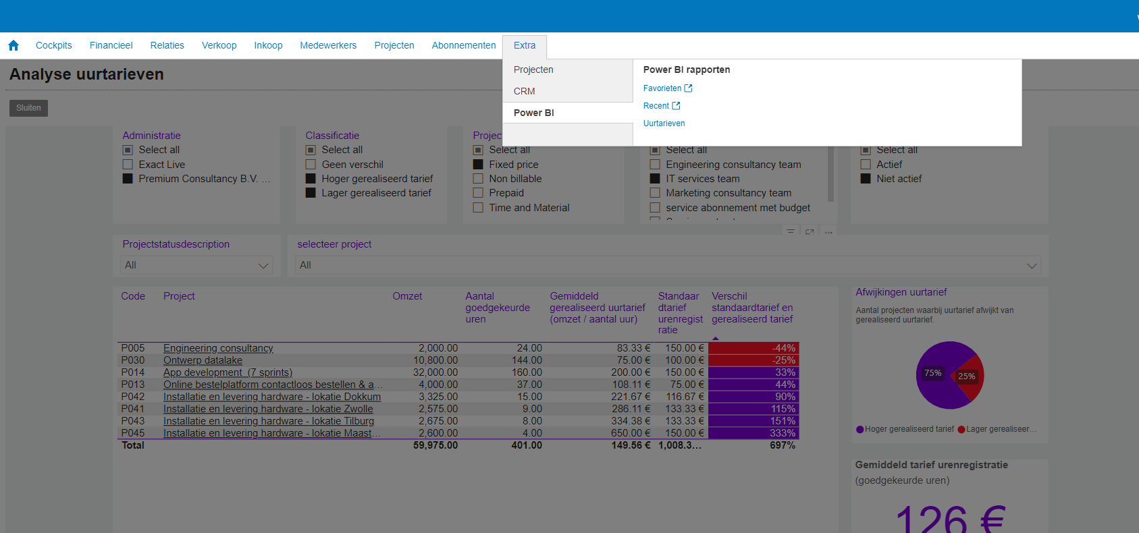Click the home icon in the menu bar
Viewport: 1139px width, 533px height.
(14, 45)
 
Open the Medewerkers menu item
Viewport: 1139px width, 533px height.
(328, 45)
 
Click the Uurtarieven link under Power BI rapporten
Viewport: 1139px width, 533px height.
(664, 123)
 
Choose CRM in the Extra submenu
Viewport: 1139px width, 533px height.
(524, 91)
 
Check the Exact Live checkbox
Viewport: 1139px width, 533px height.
(128, 165)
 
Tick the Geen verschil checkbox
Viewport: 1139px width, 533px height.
(311, 165)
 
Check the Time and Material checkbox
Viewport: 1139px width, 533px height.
(478, 208)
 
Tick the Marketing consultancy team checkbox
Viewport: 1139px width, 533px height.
(655, 193)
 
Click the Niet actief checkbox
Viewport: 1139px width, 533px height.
(866, 179)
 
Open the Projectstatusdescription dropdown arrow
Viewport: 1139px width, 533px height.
(263, 266)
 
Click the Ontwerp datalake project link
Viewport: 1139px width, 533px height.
(203, 360)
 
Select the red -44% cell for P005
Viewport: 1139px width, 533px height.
(753, 348)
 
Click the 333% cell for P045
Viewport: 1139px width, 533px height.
(753, 433)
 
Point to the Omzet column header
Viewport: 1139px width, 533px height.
(407, 296)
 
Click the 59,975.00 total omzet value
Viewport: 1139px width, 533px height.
(435, 445)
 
